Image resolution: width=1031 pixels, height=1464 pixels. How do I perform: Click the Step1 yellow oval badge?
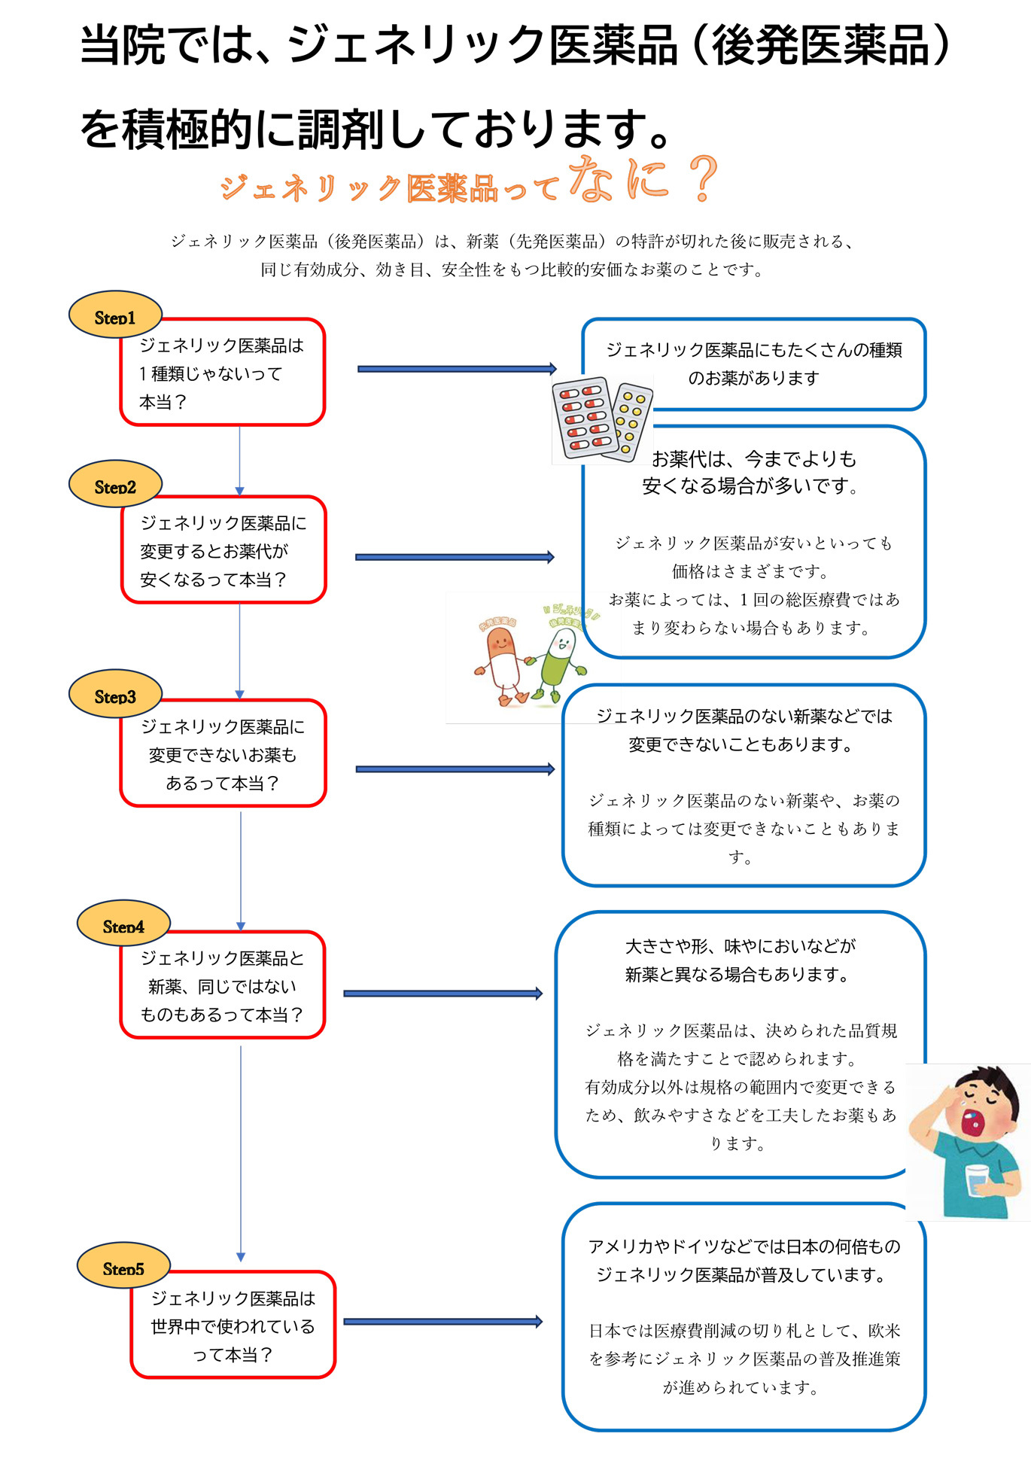point(115,315)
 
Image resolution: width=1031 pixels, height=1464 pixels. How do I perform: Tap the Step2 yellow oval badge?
point(115,484)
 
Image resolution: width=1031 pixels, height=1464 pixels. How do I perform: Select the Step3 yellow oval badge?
point(115,694)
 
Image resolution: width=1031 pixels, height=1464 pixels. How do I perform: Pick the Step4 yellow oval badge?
point(123,924)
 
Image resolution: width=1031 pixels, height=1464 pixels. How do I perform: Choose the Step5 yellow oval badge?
point(123,1266)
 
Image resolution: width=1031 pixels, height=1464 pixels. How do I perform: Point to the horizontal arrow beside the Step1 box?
point(456,369)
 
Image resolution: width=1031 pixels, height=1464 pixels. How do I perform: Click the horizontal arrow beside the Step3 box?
point(455,769)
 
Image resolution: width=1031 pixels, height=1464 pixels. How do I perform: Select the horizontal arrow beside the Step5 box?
point(443,1322)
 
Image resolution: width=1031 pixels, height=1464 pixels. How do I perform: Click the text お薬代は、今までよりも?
point(753,458)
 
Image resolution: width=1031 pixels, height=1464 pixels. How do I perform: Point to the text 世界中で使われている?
point(233,1326)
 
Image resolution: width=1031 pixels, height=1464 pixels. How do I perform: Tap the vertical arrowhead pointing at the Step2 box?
point(239,491)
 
